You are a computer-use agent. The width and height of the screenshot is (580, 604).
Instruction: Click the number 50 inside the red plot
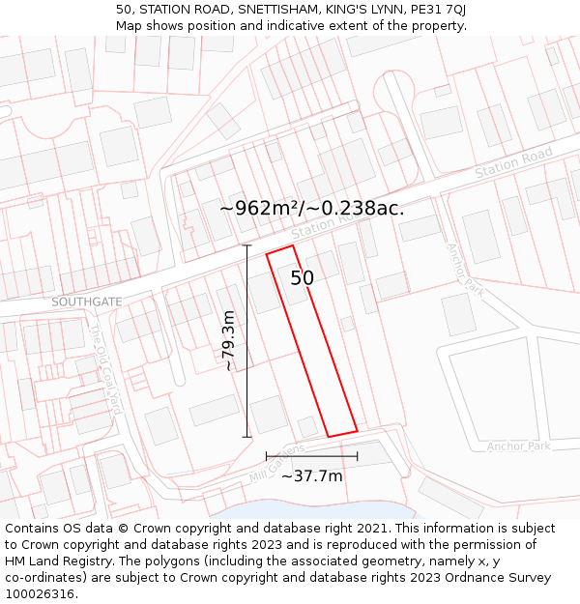click(303, 278)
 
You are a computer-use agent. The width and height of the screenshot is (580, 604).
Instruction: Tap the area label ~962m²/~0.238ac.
click(311, 208)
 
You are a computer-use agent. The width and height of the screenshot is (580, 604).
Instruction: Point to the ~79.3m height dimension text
click(229, 341)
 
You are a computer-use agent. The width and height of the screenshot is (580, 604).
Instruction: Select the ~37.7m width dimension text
click(311, 475)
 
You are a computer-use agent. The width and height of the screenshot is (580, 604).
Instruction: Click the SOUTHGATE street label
click(87, 302)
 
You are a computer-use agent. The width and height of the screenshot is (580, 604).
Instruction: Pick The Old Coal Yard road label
click(105, 368)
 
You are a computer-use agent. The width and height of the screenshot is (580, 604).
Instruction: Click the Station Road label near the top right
click(513, 162)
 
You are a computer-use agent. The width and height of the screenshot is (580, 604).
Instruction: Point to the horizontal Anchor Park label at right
click(518, 446)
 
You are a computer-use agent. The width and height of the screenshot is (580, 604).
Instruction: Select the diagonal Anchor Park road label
click(464, 268)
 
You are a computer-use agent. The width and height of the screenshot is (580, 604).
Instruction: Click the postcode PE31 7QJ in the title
click(435, 9)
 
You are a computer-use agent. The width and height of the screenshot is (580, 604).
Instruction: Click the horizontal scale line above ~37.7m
click(311, 456)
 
